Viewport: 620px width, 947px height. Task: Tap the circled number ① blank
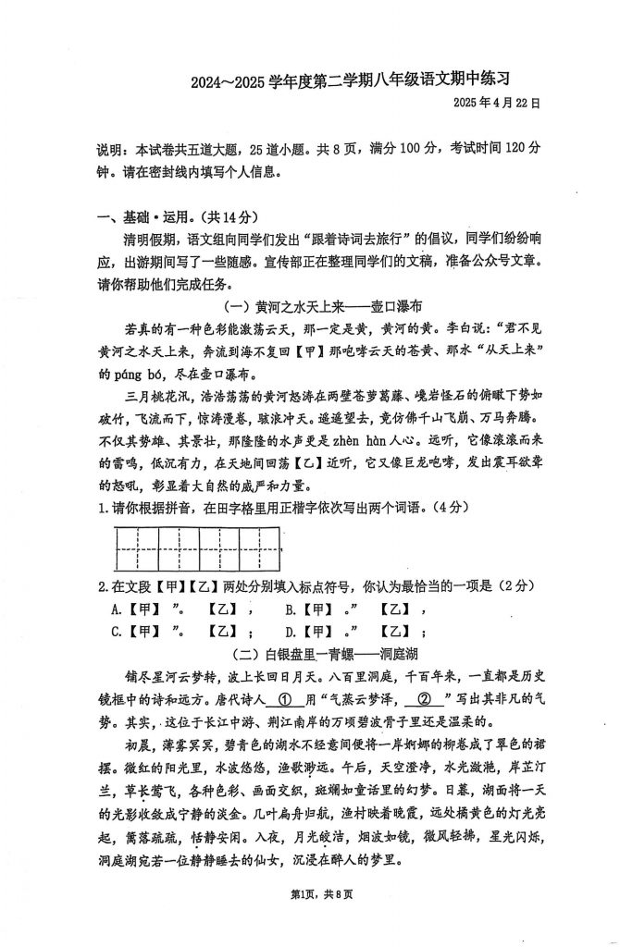coord(285,700)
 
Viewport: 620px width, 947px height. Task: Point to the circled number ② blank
coord(425,700)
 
